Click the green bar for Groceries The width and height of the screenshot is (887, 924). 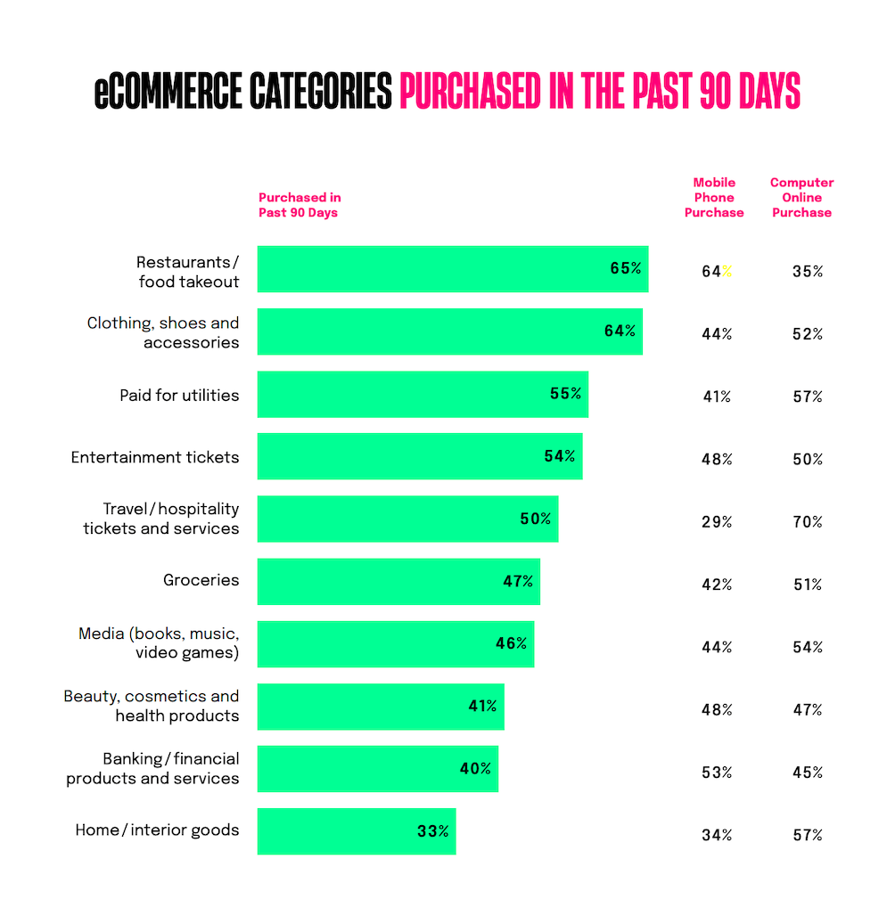398,582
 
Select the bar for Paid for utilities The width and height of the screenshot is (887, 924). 423,394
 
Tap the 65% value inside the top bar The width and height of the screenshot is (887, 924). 625,268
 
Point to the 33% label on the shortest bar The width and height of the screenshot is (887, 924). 433,831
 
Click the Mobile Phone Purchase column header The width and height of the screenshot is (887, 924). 714,198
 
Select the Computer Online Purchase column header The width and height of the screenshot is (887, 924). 801,198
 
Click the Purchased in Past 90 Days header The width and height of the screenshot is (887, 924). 300,205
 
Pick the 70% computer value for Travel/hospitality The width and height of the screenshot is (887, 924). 808,522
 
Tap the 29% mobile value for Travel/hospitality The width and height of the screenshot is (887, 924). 717,522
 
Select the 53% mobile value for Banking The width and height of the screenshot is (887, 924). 717,773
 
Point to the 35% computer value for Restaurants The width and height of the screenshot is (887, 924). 808,272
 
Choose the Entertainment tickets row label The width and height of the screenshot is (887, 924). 155,457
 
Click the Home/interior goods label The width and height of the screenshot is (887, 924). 157,830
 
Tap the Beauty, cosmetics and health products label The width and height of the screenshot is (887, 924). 152,706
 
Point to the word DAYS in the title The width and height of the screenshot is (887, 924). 769,92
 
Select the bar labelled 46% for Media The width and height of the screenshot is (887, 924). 396,644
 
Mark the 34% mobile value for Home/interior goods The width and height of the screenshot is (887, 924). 717,835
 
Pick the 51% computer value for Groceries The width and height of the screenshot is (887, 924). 808,585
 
